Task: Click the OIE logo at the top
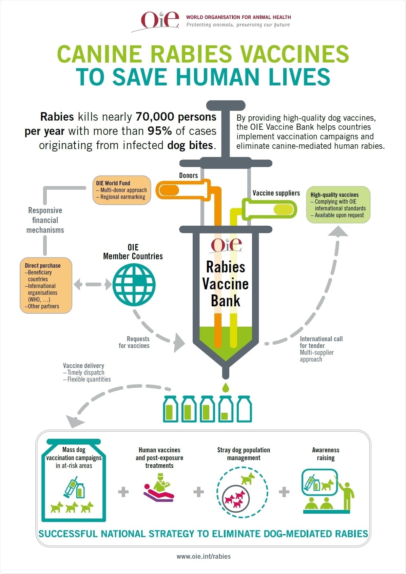pos(160,20)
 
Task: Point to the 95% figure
pos(159,131)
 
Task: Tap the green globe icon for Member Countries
pos(134,285)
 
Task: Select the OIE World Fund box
pos(122,190)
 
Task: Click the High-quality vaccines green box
pos(338,205)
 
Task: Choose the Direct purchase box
pos(46,285)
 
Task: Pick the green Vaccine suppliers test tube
pos(270,209)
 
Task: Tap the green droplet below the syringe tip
pos(225,387)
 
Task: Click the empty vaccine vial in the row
pos(244,409)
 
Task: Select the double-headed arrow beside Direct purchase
pos(92,284)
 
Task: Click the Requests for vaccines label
pos(135,342)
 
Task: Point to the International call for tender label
pos(321,342)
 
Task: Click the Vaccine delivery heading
pos(83,366)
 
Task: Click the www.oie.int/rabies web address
pos(204,556)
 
